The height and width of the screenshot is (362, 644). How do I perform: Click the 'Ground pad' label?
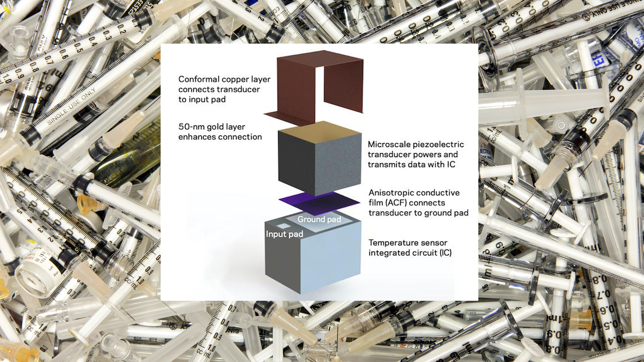pos(319,220)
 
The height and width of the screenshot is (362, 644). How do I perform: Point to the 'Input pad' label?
pos(284,234)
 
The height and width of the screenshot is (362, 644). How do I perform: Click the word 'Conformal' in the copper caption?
pos(199,79)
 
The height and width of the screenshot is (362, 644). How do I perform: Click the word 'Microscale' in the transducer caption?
pos(389,145)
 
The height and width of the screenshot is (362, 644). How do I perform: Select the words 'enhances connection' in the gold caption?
pos(220,137)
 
